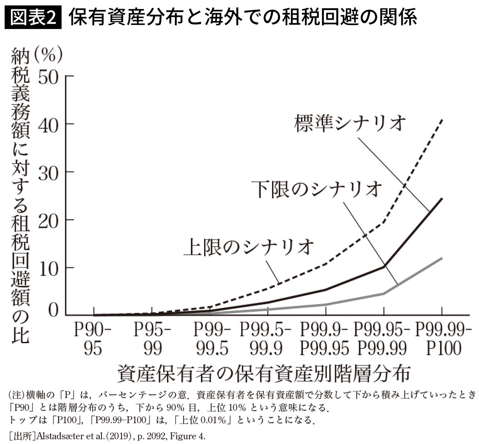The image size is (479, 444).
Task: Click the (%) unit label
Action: click(x=49, y=55)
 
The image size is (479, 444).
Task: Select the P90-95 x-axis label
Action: click(x=93, y=339)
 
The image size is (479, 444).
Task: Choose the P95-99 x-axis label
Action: click(x=153, y=339)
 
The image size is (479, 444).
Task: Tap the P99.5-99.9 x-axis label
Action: click(x=266, y=339)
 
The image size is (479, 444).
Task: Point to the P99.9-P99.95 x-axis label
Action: click(x=324, y=339)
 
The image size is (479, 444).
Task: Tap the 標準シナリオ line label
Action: click(x=350, y=123)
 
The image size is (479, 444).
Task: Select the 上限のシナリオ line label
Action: click(x=249, y=246)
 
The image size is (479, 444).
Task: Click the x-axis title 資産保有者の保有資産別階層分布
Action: click(x=263, y=374)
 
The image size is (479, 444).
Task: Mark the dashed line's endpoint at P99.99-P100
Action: click(x=443, y=120)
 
